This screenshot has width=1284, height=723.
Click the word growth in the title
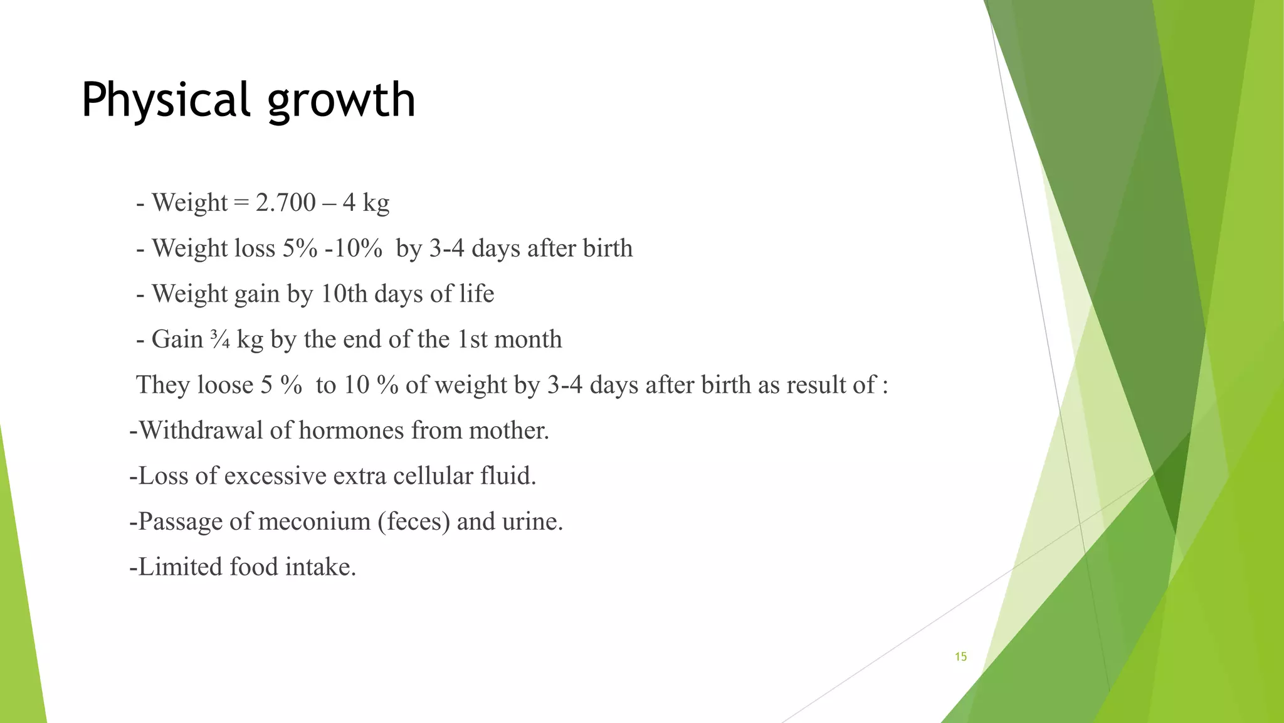342,100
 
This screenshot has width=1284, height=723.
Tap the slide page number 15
960,657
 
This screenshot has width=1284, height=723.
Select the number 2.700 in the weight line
286,203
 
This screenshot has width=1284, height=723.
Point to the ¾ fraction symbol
220,340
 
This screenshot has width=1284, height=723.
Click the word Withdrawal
201,431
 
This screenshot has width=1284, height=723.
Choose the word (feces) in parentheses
414,522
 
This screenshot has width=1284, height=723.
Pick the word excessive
275,476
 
